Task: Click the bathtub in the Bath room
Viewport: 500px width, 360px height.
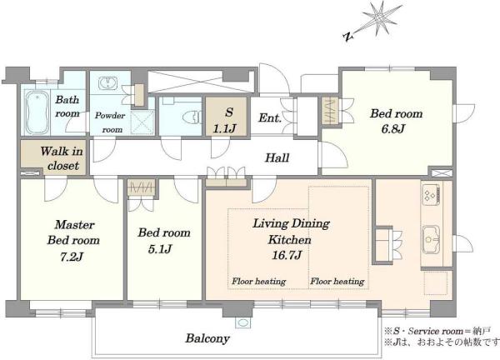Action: [37, 112]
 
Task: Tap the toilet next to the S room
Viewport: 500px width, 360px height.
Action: [192, 117]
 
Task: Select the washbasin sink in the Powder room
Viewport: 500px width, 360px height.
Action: [108, 83]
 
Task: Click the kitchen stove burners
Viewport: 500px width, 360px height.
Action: [431, 194]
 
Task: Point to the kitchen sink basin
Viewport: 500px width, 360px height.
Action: [431, 240]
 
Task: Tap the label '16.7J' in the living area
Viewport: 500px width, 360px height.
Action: [287, 255]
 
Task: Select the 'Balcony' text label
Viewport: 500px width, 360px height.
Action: [207, 338]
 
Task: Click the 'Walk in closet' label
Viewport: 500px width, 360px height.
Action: [62, 158]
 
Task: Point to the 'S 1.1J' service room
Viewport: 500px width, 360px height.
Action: [226, 117]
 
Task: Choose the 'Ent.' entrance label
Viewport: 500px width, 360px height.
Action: [270, 118]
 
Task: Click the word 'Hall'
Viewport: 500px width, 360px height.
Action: [277, 157]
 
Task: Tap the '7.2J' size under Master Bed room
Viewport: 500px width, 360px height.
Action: [72, 257]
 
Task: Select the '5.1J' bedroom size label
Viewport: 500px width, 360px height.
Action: [160, 249]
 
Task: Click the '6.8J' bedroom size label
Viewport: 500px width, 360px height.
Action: [392, 129]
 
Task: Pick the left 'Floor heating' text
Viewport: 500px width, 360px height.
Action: [258, 282]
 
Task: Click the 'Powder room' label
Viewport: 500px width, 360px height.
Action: [110, 122]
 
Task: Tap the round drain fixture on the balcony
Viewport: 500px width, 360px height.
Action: [243, 322]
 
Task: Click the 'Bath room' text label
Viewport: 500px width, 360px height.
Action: [67, 106]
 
